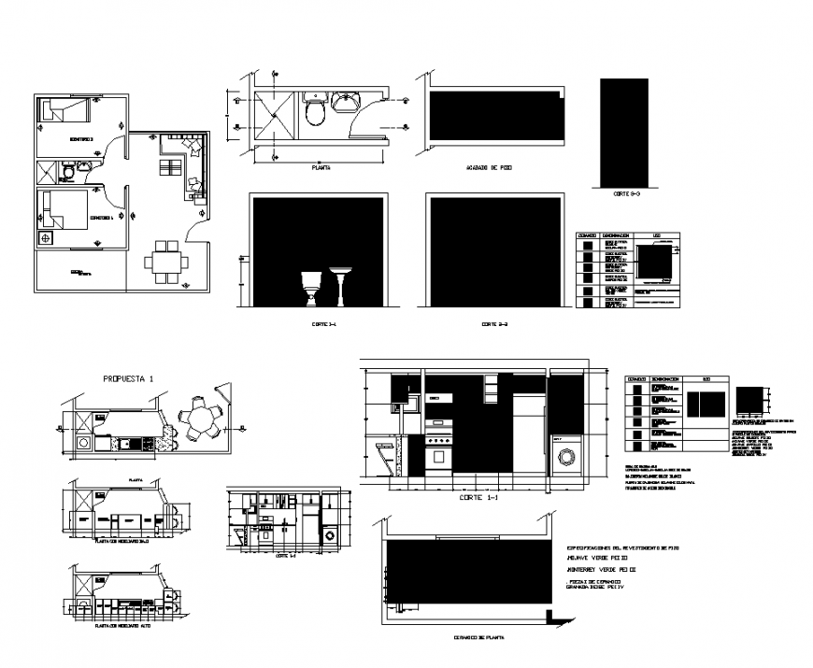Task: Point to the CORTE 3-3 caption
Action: coord(625,193)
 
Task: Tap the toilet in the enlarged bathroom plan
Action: coord(316,111)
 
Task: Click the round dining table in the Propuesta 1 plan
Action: coord(200,418)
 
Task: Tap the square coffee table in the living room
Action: coord(171,167)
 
